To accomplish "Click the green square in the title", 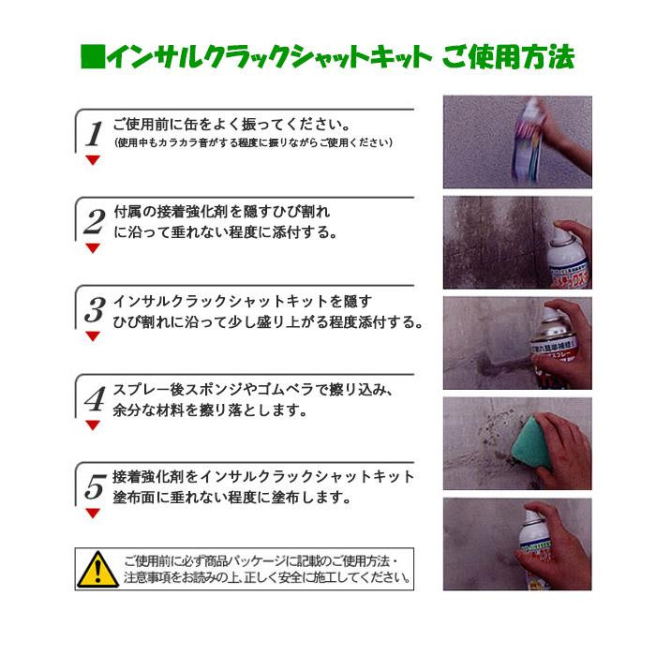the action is pos(93,56).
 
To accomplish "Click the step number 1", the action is pos(94,134).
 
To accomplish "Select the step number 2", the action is pos(95,222).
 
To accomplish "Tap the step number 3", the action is pos(95,310).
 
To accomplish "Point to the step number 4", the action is pos(95,398).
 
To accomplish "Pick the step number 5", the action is pos(95,486).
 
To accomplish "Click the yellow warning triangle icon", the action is pos(97,570).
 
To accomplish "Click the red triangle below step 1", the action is pos(93,160).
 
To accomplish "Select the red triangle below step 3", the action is pos(93,336).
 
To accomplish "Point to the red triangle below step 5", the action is pos(93,514).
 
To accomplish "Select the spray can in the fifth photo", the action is pos(535,547).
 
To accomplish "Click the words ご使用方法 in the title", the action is pos(508,56).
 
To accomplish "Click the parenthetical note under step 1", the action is pos(253,142).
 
